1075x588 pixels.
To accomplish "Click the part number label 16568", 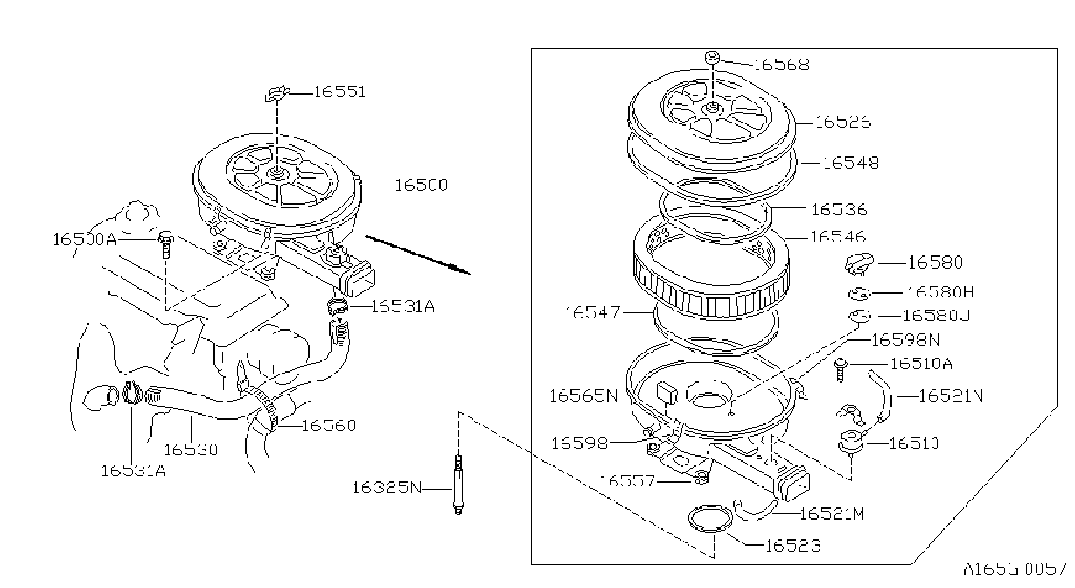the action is [x=782, y=65].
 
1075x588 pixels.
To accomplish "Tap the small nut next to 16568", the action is [x=713, y=57].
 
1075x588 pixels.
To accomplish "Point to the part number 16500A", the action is [x=85, y=239].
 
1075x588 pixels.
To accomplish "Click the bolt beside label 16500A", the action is [x=166, y=244].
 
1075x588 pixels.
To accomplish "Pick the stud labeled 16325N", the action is [x=458, y=485].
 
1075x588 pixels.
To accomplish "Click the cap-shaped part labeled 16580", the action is [x=859, y=264].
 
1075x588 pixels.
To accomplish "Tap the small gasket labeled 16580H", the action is [x=859, y=293].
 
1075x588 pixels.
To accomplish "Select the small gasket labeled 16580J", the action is [x=860, y=317].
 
